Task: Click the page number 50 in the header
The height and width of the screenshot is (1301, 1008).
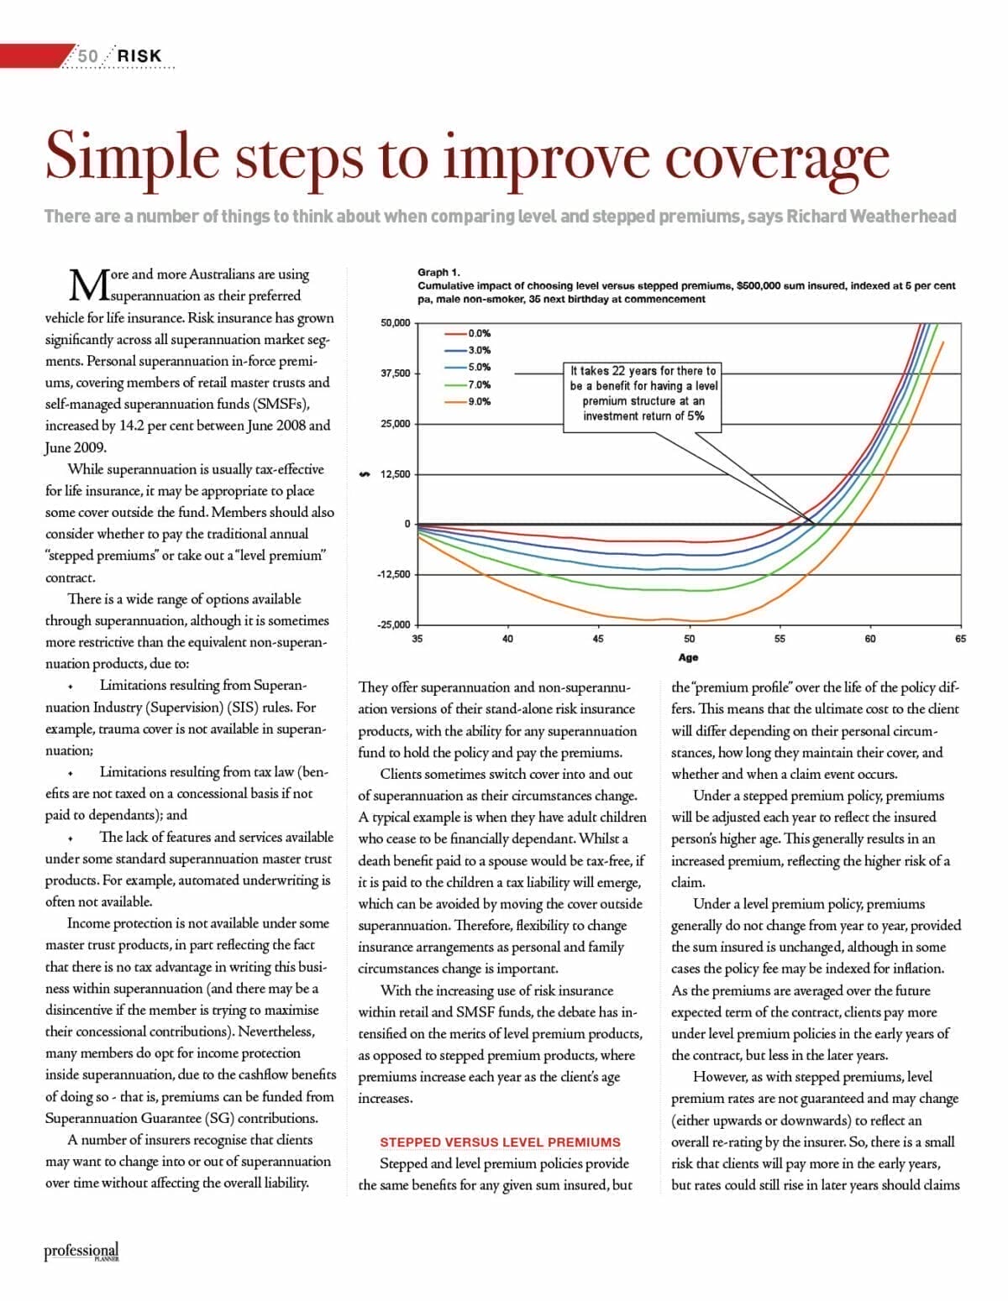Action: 87,55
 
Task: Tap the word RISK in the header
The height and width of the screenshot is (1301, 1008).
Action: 139,55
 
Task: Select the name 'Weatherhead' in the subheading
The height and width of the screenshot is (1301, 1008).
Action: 904,217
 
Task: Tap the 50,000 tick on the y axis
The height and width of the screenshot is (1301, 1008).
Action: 396,322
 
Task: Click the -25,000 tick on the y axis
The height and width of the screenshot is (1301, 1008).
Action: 394,624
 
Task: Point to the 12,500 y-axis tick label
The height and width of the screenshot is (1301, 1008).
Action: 396,474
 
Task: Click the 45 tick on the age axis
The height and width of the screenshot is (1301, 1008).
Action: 598,639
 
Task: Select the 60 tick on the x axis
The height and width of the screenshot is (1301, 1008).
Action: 870,639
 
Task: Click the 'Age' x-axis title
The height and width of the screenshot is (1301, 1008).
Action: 689,657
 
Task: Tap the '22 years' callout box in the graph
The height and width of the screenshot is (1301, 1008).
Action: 643,393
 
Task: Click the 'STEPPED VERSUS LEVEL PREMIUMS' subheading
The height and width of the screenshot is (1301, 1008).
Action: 500,1142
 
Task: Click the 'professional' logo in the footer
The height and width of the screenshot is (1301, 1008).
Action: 81,1251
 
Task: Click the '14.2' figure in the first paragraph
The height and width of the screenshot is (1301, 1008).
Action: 133,426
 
